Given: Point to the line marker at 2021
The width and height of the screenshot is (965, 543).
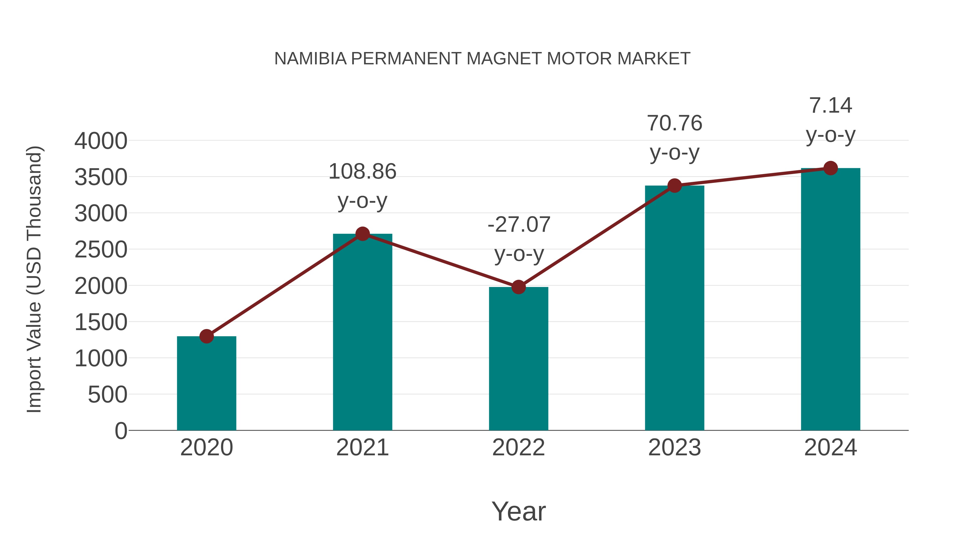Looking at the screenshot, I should click(x=362, y=234).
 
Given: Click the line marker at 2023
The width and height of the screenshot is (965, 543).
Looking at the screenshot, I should click(x=674, y=186).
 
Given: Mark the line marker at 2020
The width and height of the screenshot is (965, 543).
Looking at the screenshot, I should click(x=206, y=336).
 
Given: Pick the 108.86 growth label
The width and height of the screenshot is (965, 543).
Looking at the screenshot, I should click(x=362, y=172).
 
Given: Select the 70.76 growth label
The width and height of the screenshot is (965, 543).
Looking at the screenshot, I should click(x=674, y=123).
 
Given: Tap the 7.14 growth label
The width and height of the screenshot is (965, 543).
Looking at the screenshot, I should click(x=830, y=105).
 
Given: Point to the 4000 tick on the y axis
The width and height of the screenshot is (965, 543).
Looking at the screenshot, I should click(x=101, y=141).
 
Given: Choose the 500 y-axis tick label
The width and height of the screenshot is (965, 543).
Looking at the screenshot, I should click(x=107, y=395).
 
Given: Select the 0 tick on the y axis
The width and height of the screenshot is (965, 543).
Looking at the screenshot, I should click(x=121, y=431).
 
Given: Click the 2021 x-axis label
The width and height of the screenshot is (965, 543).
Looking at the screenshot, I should click(x=362, y=448).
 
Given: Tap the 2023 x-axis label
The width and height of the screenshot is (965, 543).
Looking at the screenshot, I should click(x=674, y=448).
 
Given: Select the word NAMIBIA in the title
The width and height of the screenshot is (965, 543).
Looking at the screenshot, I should click(x=311, y=59).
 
